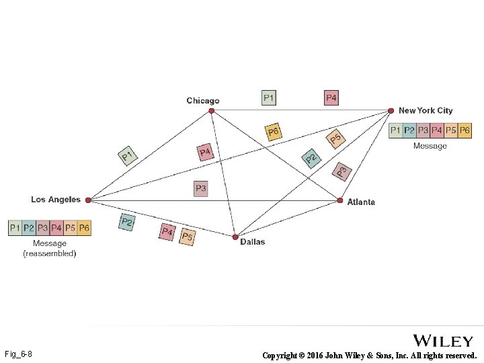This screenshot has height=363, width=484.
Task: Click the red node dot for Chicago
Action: click(x=211, y=110)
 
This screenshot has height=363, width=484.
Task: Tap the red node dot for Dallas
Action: click(x=235, y=237)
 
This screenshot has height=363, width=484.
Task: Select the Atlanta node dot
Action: click(x=340, y=200)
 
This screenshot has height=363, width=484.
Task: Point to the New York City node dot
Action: click(x=391, y=110)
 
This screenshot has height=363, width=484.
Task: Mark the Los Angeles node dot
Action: click(x=88, y=200)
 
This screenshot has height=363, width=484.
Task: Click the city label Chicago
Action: click(x=203, y=101)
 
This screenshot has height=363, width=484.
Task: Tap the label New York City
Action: click(x=426, y=110)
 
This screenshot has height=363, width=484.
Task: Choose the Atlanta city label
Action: click(x=361, y=202)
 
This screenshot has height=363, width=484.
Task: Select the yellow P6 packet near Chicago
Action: click(x=273, y=132)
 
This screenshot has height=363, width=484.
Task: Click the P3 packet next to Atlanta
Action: click(x=342, y=172)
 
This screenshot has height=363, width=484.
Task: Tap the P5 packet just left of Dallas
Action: click(x=187, y=237)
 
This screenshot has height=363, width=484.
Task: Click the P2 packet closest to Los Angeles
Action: click(x=126, y=222)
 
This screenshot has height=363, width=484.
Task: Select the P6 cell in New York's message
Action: click(x=465, y=130)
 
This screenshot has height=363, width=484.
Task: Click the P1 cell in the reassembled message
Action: click(x=15, y=229)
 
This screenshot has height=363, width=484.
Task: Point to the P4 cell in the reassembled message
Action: click(x=56, y=229)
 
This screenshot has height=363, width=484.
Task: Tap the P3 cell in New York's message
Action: click(x=423, y=130)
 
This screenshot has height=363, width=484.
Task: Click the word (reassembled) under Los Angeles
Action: click(x=50, y=253)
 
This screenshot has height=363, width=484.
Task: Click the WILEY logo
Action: click(x=442, y=341)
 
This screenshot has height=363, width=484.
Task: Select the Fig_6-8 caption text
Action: click(x=18, y=354)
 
